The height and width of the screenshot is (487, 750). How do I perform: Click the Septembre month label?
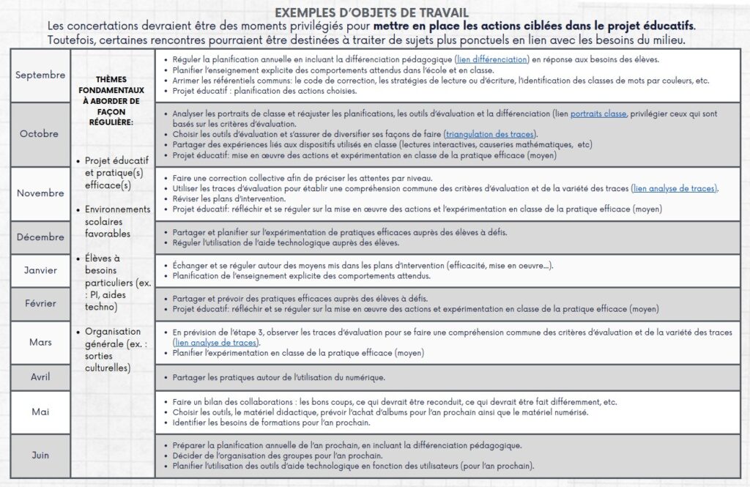coord(40,75)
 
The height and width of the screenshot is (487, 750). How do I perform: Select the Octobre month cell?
coord(40,133)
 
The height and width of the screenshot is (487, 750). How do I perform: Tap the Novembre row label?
coord(40,193)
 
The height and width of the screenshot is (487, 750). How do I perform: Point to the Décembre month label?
coord(40,237)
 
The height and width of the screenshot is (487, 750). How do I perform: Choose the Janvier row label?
coord(40,270)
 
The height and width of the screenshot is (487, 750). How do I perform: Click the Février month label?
coord(40,304)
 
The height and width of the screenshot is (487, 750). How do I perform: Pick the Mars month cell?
coord(40,342)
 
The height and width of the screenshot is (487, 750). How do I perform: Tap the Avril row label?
coord(40,377)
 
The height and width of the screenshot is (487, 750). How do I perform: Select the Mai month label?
coord(40,412)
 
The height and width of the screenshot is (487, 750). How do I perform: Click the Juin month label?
coord(40,455)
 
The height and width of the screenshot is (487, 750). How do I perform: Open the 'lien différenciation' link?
coord(491,59)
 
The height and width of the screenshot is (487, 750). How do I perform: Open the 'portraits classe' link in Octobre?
coord(598,114)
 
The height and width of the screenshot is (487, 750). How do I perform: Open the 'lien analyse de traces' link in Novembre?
coord(675,189)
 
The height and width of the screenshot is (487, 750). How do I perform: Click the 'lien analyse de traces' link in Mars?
coord(215,343)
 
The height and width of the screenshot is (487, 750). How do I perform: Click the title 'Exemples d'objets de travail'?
coord(371,12)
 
